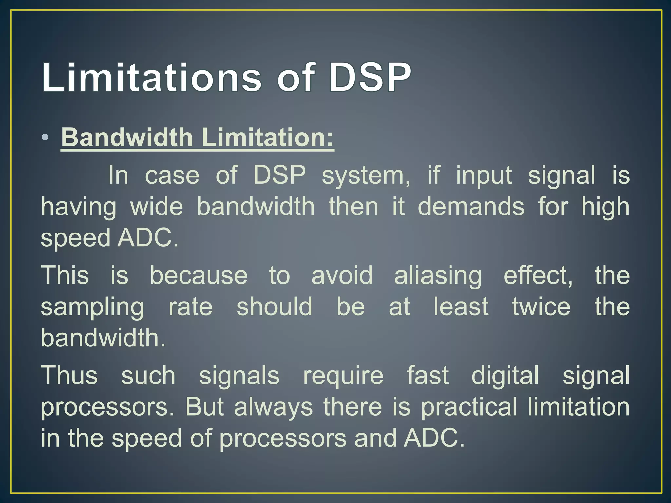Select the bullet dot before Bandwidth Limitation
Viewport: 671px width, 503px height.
[x=46, y=138]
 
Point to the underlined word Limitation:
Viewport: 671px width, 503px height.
[x=268, y=138]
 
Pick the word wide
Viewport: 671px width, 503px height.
[x=157, y=207]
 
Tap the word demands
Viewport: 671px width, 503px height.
[x=471, y=207]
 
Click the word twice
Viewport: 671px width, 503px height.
[x=541, y=307]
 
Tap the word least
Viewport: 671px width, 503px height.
[x=461, y=307]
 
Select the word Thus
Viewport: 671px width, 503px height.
[x=69, y=376]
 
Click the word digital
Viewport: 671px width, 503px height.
[x=505, y=376]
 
